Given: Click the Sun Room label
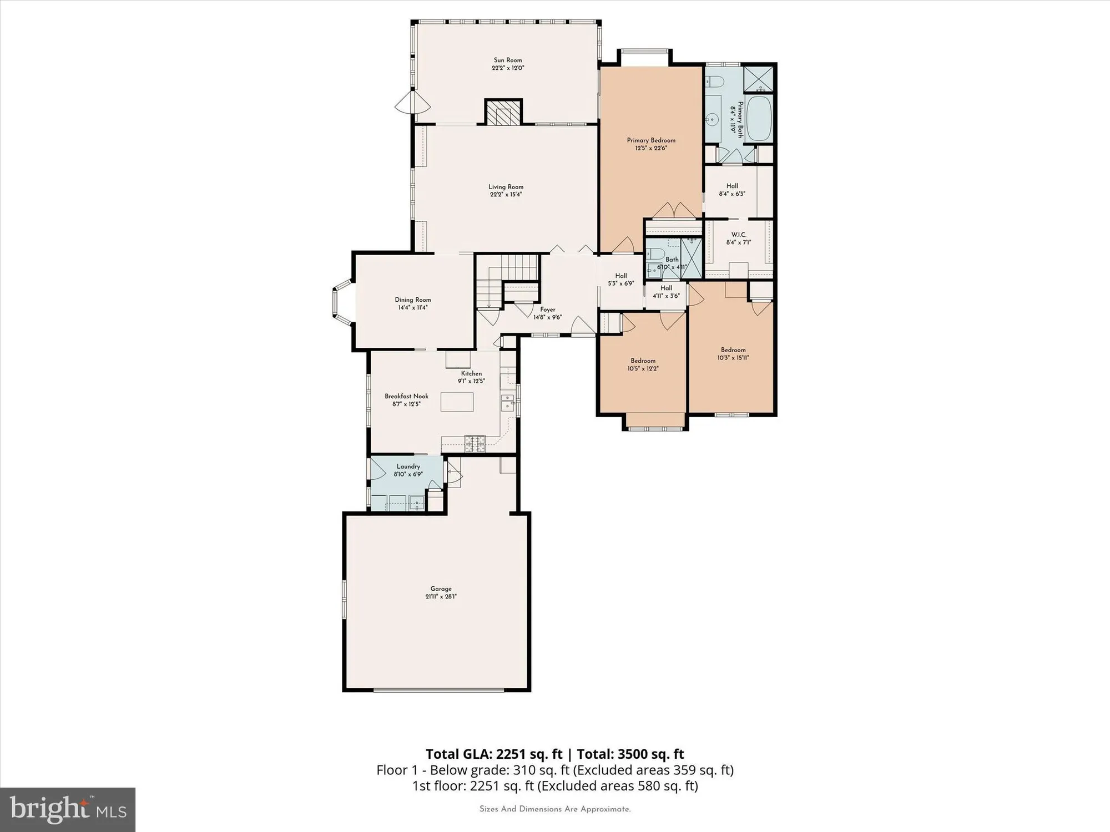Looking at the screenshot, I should (508, 60).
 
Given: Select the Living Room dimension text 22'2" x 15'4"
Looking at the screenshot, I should (506, 195).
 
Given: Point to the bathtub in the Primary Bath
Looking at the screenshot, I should (758, 119).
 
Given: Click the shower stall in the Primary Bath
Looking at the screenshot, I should (758, 79).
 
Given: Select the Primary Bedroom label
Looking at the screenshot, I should (651, 140).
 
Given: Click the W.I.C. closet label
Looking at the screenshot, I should (739, 235).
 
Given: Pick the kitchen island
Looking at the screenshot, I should (457, 402).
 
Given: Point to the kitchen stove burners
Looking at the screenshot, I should (475, 442).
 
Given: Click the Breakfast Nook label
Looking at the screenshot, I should (406, 396).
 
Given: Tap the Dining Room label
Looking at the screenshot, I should (413, 300).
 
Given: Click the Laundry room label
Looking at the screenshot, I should (408, 466).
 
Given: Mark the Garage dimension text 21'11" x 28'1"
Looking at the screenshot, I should (441, 597).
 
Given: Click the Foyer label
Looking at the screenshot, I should (547, 310).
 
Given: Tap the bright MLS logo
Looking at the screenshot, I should (68, 809).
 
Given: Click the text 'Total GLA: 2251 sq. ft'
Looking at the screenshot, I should (494, 754).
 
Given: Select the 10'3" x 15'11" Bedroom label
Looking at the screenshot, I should (733, 350).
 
